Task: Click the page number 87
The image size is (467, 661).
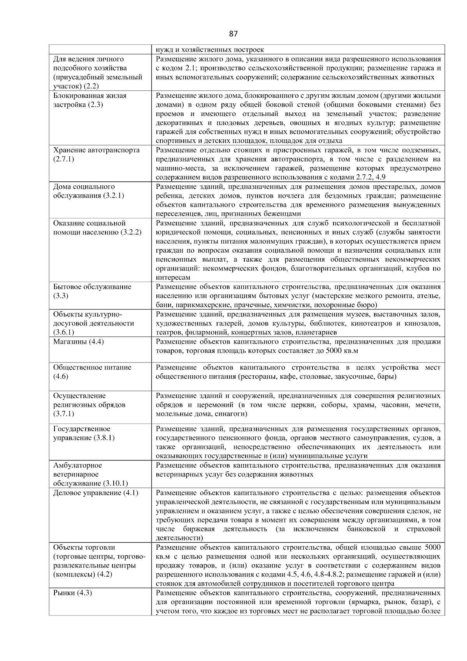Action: (233, 34)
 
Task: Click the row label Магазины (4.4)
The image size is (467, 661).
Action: (78, 342)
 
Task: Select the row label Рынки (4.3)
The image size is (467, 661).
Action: (72, 593)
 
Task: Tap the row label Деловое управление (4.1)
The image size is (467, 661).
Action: (96, 493)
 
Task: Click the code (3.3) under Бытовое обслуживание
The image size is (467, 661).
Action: (61, 296)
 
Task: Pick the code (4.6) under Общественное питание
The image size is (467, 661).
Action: (61, 376)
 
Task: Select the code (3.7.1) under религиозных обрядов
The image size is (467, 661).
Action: (63, 414)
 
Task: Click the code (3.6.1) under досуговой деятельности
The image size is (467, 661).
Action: (63, 332)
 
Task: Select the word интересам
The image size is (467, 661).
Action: (173, 278)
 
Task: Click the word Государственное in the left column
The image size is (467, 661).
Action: (82, 429)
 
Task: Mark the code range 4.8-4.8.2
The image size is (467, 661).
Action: (347, 575)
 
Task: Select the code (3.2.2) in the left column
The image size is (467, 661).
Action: (131, 232)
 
